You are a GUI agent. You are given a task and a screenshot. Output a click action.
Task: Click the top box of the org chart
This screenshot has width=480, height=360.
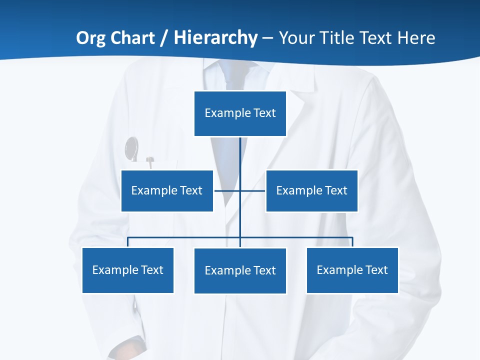(x=240, y=113)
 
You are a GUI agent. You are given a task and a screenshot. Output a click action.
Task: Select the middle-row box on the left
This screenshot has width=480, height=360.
(x=167, y=190)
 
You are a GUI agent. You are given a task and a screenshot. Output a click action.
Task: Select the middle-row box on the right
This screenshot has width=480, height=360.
(x=311, y=190)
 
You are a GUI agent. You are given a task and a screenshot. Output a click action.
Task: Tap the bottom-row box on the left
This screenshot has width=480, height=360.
(x=127, y=270)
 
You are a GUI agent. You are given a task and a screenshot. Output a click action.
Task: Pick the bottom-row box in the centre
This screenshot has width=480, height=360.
(x=240, y=270)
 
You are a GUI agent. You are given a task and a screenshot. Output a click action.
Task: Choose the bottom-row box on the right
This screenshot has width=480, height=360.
(x=352, y=270)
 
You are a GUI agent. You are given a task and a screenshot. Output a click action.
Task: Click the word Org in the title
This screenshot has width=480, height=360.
(x=90, y=38)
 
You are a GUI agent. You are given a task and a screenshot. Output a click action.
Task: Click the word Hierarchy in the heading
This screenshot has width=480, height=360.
(x=215, y=38)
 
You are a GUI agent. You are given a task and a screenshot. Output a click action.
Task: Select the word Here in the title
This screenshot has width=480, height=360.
(x=416, y=38)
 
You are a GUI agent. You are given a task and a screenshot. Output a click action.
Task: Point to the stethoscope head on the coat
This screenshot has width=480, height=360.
(x=131, y=148)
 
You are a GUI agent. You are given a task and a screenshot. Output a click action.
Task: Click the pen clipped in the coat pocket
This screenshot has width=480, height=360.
(x=149, y=161)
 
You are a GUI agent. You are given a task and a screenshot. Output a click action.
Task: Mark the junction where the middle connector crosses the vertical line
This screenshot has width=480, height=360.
(x=240, y=190)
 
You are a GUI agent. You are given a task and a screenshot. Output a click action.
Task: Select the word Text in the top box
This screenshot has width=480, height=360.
(x=264, y=113)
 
